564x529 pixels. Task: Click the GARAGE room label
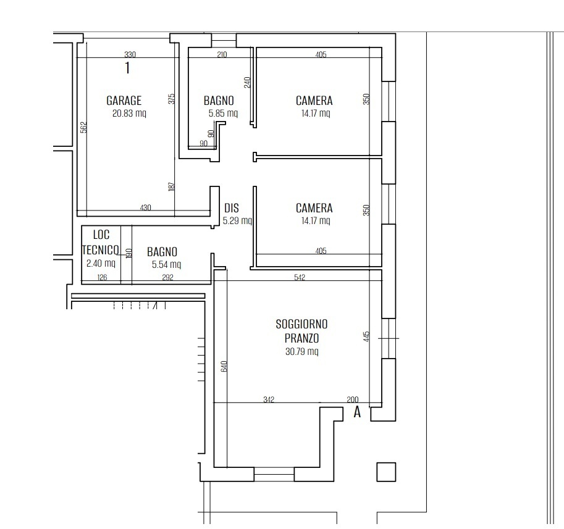tap(124, 101)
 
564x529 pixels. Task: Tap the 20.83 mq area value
tap(129, 114)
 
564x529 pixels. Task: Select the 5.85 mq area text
tap(223, 114)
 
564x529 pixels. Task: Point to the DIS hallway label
tap(231, 208)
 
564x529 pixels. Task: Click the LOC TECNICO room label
tap(101, 242)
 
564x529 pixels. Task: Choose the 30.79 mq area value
tap(302, 351)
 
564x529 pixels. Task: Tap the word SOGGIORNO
tap(301, 324)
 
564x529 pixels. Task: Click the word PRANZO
tap(301, 338)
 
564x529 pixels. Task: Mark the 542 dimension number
tap(299, 277)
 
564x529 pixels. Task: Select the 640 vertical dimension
tap(224, 366)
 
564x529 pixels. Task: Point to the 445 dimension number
tap(366, 336)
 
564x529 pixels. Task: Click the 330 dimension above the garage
tap(130, 54)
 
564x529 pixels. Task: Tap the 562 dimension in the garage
tap(83, 127)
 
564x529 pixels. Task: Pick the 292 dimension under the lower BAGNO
tap(167, 277)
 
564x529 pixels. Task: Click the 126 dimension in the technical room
tap(102, 277)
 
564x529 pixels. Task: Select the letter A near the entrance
tap(357, 412)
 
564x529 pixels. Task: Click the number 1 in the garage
tap(127, 67)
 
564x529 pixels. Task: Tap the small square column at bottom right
tap(386, 472)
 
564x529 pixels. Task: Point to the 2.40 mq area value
tap(101, 264)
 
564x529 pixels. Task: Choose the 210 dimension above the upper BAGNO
tap(222, 54)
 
